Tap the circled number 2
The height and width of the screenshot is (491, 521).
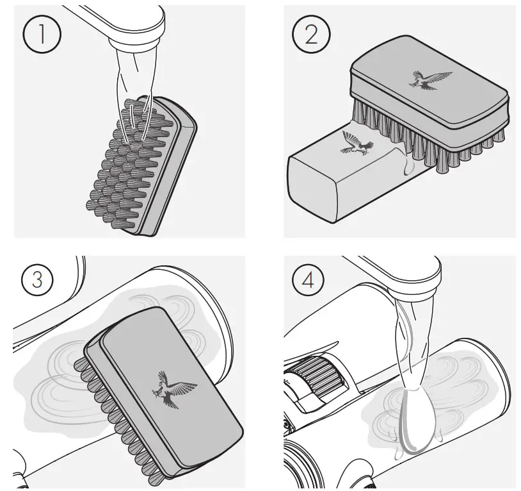tap(311, 34)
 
